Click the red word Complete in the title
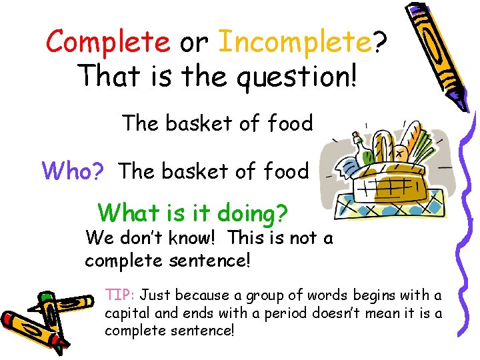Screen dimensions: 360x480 [x=107, y=43]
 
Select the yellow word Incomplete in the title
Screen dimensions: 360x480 [x=295, y=43]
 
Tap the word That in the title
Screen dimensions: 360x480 [x=108, y=76]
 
